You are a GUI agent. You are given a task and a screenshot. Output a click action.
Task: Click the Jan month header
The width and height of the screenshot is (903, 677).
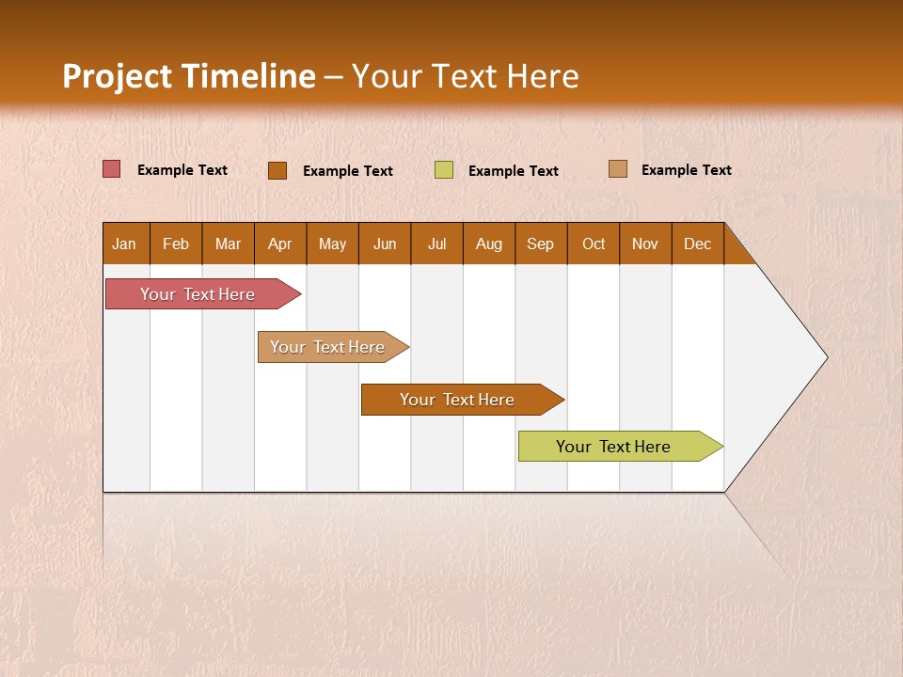[x=125, y=244]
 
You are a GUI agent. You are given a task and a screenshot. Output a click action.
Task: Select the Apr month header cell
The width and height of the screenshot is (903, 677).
[x=280, y=244]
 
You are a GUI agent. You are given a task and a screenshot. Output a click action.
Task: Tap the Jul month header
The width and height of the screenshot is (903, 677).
[x=437, y=244]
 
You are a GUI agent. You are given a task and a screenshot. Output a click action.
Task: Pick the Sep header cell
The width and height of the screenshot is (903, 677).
[x=541, y=244]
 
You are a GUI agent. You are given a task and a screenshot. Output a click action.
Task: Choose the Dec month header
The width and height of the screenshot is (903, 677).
[x=698, y=244]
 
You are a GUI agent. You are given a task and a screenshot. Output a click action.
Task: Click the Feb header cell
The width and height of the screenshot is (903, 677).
[x=176, y=244]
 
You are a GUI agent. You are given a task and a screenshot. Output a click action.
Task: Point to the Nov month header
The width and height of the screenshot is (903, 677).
[x=645, y=244]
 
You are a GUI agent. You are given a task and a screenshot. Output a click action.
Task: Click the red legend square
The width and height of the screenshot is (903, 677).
[x=112, y=169]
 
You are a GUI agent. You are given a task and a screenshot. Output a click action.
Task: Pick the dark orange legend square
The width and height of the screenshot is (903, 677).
[x=277, y=170]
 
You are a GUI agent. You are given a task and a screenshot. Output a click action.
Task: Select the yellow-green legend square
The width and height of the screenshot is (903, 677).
[x=444, y=169]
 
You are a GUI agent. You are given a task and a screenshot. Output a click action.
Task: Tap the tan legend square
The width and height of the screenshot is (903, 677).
[x=618, y=169]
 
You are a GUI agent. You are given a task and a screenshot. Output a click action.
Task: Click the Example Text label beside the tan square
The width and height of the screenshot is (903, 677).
[x=686, y=170]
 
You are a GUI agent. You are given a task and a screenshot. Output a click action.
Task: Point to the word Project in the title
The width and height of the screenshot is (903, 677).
[x=116, y=76]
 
